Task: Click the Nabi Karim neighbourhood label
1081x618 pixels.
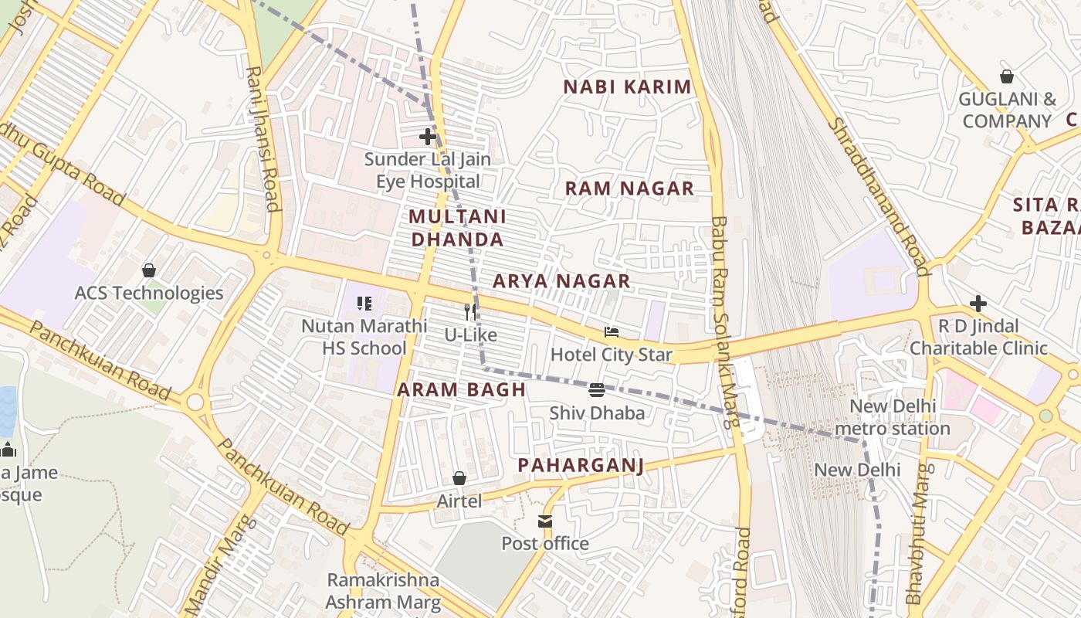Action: (x=627, y=87)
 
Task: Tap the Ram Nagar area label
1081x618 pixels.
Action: (x=629, y=188)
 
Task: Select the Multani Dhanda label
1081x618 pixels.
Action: (x=457, y=228)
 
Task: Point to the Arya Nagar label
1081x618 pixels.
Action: (x=561, y=281)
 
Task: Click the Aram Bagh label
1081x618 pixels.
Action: (x=461, y=390)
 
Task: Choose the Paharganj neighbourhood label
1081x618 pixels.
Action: (x=581, y=465)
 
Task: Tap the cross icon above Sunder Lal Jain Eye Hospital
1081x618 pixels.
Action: (x=428, y=137)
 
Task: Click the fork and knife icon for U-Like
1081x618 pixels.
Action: (x=470, y=312)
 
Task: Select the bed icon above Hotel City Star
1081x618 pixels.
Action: (x=612, y=332)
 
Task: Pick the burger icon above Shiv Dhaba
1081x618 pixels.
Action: (x=597, y=390)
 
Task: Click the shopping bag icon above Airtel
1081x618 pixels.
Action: (x=459, y=479)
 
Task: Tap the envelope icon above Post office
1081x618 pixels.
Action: (x=545, y=521)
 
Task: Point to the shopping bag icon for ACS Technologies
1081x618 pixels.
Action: (x=149, y=270)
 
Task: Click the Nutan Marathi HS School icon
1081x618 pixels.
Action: (x=364, y=304)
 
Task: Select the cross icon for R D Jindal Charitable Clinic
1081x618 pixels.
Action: (x=978, y=304)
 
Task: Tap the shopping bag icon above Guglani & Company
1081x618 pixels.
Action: (x=1007, y=76)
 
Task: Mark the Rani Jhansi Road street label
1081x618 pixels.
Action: (x=263, y=139)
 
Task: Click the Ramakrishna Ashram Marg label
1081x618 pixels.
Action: (x=383, y=591)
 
